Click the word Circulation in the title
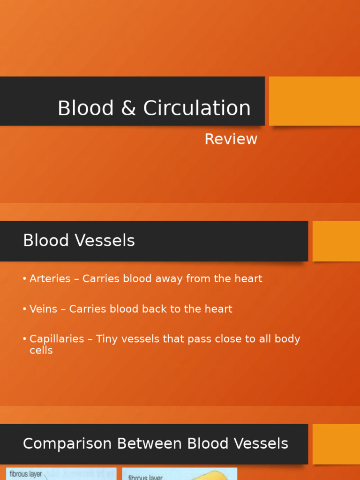pos(197,108)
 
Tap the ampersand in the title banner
pos(128,108)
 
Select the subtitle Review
pos(231,139)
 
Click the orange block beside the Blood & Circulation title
pos(314,101)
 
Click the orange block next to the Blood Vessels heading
pos(336,241)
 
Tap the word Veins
pos(43,309)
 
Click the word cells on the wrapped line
pos(41,351)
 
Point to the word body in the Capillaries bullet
pos(287,339)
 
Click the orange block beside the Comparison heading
pos(336,444)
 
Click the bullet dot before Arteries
pos(24,279)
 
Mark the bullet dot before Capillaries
pos(24,339)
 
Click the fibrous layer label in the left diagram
pos(26,474)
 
